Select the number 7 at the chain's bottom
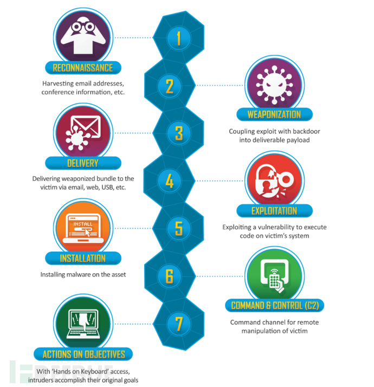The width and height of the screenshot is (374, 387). pos(178,324)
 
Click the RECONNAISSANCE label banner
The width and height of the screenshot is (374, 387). pos(83,68)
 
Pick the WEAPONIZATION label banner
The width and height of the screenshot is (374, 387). pos(274,114)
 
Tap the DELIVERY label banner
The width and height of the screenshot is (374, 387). pos(83,163)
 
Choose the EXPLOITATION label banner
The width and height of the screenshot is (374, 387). pos(274,210)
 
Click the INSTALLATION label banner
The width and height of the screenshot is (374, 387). pos(83,258)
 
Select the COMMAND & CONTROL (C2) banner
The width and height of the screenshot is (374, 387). pos(274,306)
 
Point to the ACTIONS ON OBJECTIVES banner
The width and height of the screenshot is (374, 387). pos(83,354)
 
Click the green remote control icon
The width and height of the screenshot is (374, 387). pos(274,274)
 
